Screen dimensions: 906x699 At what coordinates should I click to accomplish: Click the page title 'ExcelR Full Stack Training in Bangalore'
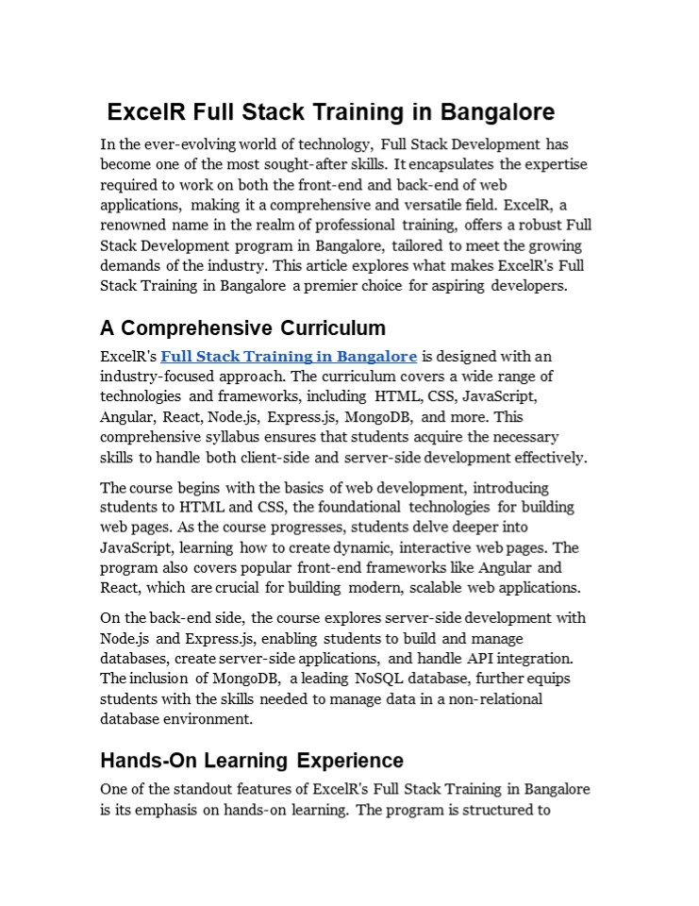click(x=330, y=112)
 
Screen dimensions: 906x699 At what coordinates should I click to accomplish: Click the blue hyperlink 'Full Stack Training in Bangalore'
click(x=289, y=357)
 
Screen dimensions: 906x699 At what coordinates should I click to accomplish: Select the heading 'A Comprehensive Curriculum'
click(x=242, y=328)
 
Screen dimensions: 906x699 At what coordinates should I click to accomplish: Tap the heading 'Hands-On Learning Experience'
click(x=251, y=761)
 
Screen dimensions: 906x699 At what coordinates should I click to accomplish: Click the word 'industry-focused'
click(x=151, y=377)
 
